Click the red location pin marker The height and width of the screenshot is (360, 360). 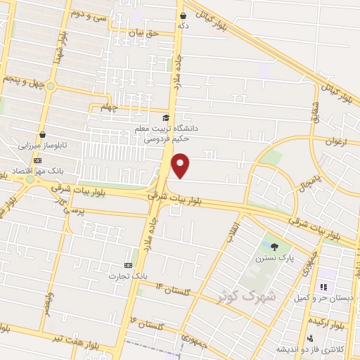pyautogui.click(x=181, y=166)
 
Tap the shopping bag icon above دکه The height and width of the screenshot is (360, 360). pyautogui.click(x=184, y=15)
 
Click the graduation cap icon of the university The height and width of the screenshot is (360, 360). pyautogui.click(x=166, y=118)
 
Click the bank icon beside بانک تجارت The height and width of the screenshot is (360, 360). pyautogui.click(x=128, y=265)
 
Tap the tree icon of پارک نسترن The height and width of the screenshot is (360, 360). pyautogui.click(x=274, y=246)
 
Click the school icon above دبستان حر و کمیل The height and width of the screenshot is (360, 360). pyautogui.click(x=324, y=286)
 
